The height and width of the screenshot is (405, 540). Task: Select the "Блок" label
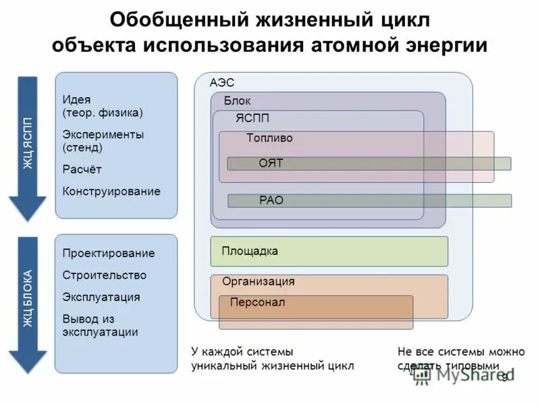click(x=237, y=101)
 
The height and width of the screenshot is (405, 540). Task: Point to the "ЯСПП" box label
click(x=252, y=119)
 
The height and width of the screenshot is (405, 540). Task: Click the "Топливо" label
click(x=269, y=138)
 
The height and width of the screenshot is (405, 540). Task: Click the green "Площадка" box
click(x=329, y=251)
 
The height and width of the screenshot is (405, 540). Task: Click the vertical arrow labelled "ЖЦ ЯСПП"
click(x=27, y=148)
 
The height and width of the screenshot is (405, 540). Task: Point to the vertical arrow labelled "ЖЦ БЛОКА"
click(x=27, y=304)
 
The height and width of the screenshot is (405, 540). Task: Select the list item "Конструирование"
click(x=111, y=192)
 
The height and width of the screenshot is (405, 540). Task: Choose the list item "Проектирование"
click(x=109, y=254)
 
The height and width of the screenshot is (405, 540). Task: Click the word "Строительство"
click(x=105, y=275)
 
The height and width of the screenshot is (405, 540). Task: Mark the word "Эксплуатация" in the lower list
click(x=101, y=297)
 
